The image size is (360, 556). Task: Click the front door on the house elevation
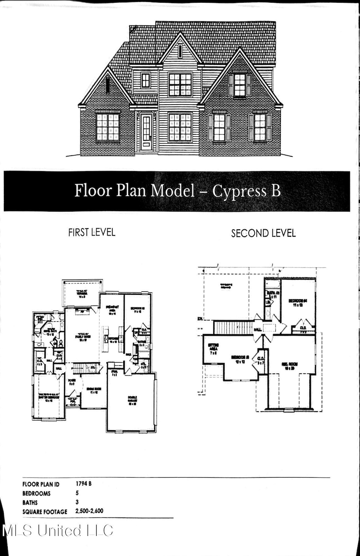coord(146,131)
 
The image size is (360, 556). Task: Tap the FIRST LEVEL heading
coord(92,232)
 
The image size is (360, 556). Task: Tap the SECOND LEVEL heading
coord(263,233)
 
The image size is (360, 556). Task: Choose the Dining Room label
coord(94,391)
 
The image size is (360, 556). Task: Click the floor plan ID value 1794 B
coord(84,483)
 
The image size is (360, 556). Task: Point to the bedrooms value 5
coord(77,493)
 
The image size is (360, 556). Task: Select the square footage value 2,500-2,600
coord(90,511)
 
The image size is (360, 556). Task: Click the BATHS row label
coord(30,502)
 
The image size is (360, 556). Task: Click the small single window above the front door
coord(146,81)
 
